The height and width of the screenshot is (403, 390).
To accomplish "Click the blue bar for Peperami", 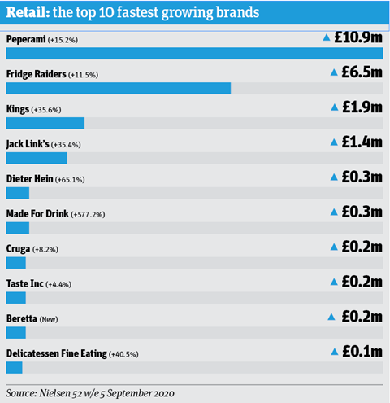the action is click(194, 53).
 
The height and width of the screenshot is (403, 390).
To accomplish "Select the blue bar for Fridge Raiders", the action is click(119, 88).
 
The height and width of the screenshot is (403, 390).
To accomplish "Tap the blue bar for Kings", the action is click(45, 123).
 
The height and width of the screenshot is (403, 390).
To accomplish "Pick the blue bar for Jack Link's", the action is click(37, 158).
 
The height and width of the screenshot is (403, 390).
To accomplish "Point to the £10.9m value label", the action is click(358, 37).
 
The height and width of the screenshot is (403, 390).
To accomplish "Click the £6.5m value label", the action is click(362, 72).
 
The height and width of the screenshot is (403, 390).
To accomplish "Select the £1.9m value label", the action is click(362, 107).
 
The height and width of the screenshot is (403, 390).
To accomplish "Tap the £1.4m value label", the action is click(362, 142).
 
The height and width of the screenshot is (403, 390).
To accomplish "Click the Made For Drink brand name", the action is click(37, 214).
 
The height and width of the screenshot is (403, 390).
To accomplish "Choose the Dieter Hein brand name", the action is click(30, 179).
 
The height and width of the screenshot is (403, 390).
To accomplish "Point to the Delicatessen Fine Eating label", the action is click(57, 353).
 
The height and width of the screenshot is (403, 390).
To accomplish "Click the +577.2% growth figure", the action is click(88, 215).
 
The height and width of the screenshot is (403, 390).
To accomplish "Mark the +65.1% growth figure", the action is click(70, 180).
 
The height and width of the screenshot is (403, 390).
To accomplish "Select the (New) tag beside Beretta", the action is click(49, 319).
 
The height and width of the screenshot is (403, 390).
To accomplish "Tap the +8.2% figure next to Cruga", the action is click(45, 250).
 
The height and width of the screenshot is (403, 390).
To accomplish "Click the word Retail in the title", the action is click(28, 12).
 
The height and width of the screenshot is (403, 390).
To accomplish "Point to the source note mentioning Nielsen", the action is click(90, 393).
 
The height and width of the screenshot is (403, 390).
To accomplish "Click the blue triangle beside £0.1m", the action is click(335, 352).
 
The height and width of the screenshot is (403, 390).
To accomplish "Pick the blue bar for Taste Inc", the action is click(16, 298).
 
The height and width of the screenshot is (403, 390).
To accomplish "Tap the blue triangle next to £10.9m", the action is click(327, 37).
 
